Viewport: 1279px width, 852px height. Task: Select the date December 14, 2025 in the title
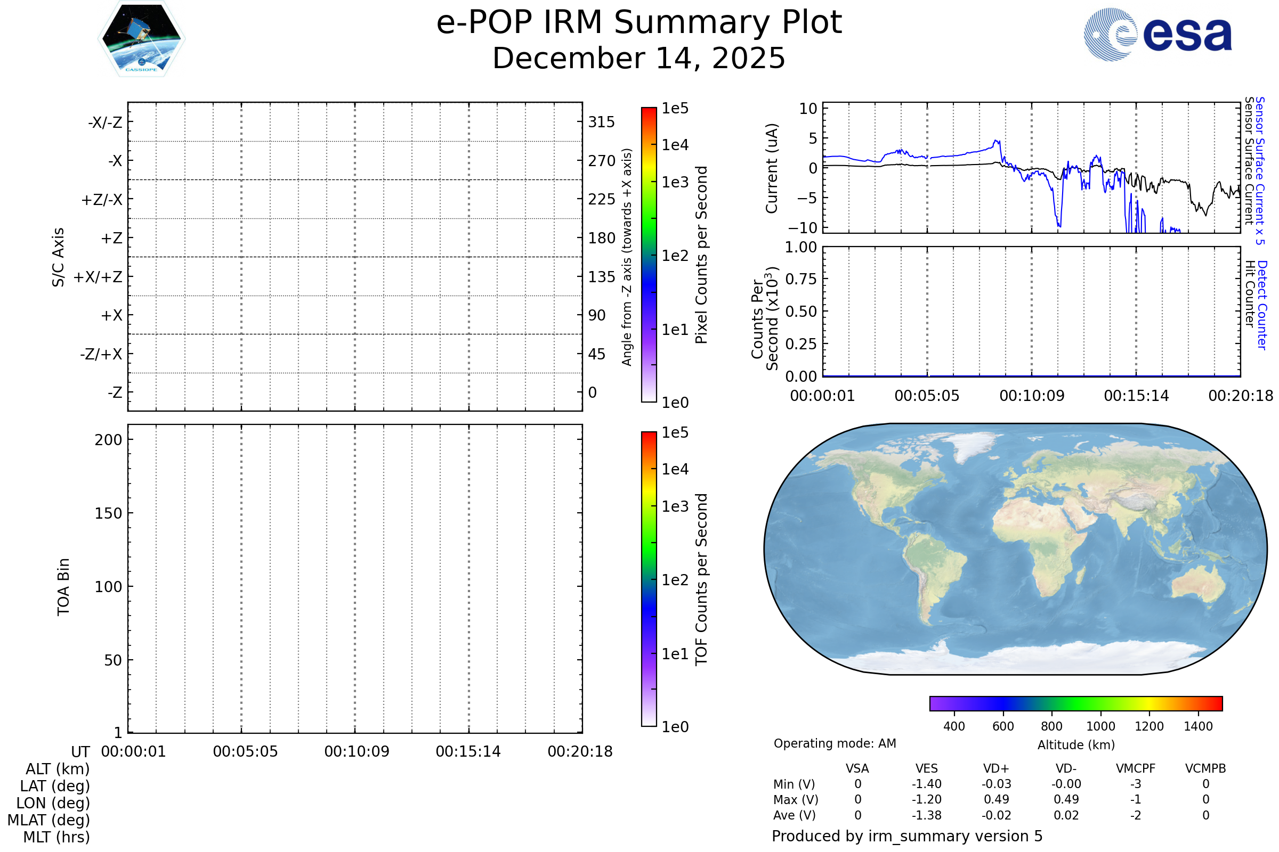pos(639,59)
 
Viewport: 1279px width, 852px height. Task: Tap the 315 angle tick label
pos(602,122)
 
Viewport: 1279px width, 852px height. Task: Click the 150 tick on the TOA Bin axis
pos(108,513)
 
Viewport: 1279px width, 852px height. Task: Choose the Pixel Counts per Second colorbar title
pos(701,255)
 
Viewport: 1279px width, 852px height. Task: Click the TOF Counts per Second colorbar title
pos(701,579)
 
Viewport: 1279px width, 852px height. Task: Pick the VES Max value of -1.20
pos(927,800)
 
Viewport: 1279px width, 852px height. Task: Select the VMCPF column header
pos(1136,769)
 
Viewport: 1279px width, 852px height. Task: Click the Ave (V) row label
pos(795,816)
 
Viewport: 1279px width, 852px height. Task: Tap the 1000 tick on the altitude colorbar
pos(1100,727)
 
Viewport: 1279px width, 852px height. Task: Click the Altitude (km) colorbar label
pos(1076,745)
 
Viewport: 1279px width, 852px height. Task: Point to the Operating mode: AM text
pos(835,743)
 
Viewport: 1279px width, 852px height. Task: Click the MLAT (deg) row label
pos(49,820)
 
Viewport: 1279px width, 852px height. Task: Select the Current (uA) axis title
pos(772,168)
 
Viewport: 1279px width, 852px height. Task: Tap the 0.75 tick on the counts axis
pos(801,279)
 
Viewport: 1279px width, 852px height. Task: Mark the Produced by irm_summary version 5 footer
pos(907,836)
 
